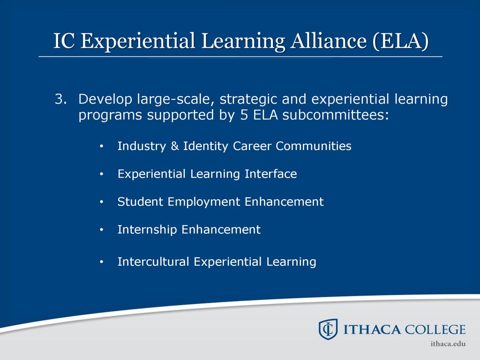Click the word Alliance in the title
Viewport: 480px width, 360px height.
[329, 41]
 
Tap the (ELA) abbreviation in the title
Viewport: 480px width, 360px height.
[401, 41]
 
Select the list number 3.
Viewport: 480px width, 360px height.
[60, 99]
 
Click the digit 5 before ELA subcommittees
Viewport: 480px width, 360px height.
[244, 115]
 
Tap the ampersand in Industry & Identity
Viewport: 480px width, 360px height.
[175, 146]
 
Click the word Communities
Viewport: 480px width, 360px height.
[314, 146]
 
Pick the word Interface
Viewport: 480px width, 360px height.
[270, 173]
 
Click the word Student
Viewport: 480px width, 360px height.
[140, 202]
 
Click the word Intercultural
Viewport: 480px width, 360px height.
[153, 262]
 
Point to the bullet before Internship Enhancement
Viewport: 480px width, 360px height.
[102, 230]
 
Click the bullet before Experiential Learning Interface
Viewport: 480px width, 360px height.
[102, 174]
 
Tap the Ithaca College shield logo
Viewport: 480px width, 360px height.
[328, 330]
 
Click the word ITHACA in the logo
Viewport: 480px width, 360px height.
[372, 330]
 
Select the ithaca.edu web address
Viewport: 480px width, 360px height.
[448, 344]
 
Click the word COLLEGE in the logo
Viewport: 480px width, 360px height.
[435, 330]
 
